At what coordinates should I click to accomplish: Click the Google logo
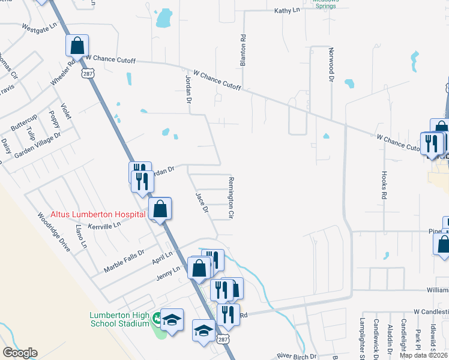coord(19,353)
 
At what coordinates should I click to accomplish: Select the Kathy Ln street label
coord(286,11)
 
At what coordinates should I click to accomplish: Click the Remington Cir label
coord(230,197)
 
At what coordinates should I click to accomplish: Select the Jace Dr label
coord(202,203)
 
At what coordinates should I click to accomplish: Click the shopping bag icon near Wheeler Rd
coord(77,46)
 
